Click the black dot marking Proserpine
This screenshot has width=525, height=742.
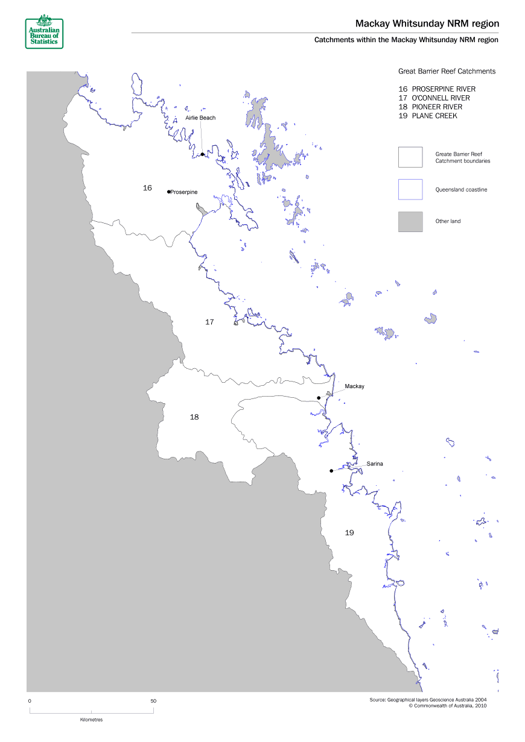(168, 192)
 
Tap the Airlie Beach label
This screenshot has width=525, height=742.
(200, 118)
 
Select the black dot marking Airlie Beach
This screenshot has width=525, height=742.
(203, 154)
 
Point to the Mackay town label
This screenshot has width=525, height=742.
(354, 386)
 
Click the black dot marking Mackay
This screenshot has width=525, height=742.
(319, 398)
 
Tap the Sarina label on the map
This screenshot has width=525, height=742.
(375, 464)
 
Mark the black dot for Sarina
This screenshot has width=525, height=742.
(331, 471)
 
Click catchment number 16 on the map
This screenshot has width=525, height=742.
(147, 188)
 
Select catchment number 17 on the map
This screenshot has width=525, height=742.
(209, 322)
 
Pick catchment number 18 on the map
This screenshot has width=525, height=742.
(194, 417)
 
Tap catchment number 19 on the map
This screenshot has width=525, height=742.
(349, 532)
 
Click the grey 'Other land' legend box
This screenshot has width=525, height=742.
(410, 221)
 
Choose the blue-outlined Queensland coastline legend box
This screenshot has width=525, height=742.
(410, 189)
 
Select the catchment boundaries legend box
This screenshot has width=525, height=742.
(410, 157)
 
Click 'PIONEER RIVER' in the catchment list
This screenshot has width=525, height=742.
(437, 107)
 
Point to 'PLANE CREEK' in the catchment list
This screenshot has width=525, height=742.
(434, 116)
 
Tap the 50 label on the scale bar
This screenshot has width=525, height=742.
(153, 701)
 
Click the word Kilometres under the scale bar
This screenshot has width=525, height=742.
(91, 720)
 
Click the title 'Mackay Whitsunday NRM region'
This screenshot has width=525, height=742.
(427, 24)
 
